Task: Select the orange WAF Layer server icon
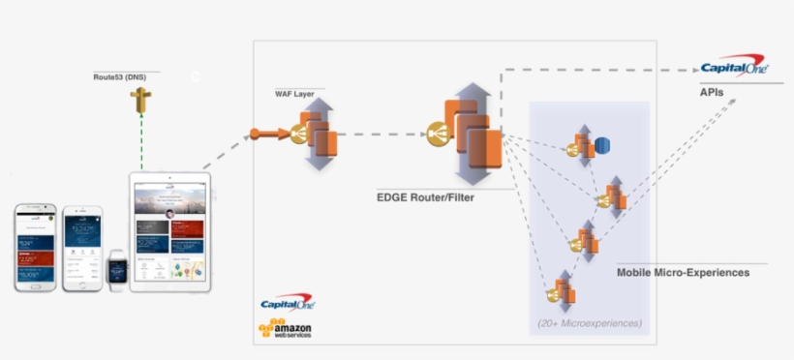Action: coord(317,135)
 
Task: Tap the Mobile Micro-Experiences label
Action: coord(683,273)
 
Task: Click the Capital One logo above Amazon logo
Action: coord(288,304)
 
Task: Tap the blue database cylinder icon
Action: coord(601,146)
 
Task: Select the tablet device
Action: coord(169,232)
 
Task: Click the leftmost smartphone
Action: coord(35,247)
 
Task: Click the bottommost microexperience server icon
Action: coord(560,290)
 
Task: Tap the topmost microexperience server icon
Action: coord(582,146)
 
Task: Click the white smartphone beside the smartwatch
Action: coord(81,249)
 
